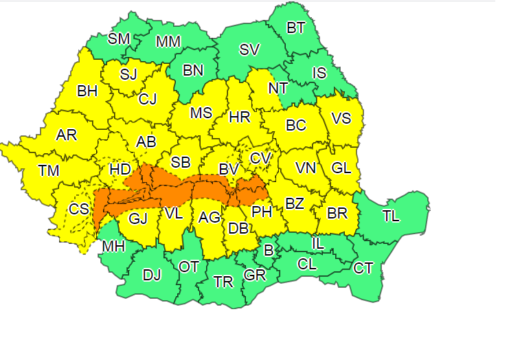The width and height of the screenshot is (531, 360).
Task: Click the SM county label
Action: tap(119, 38)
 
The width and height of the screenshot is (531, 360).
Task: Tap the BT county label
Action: tap(296, 28)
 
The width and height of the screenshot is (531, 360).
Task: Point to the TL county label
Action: tap(391, 216)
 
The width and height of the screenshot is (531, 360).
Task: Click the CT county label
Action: tap(363, 268)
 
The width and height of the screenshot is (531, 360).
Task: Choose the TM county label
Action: tap(49, 170)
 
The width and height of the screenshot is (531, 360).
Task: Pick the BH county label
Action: tap(87, 90)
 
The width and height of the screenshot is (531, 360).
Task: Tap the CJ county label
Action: tap(148, 99)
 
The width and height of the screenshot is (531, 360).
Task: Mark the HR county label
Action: tap(239, 117)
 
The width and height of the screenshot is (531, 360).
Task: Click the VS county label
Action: tap(341, 118)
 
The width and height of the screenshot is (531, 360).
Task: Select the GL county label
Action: tap(341, 168)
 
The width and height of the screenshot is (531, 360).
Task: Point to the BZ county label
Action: tap(295, 203)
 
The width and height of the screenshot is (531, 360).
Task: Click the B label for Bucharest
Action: tap(269, 249)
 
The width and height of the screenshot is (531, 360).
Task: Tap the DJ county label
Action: tap(151, 275)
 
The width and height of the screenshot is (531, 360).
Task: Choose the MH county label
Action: tap(113, 246)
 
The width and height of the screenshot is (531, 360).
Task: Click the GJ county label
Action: tap(138, 218)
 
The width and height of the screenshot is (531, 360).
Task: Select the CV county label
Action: tap(260, 158)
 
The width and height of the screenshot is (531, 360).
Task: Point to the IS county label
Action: tap(319, 72)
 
